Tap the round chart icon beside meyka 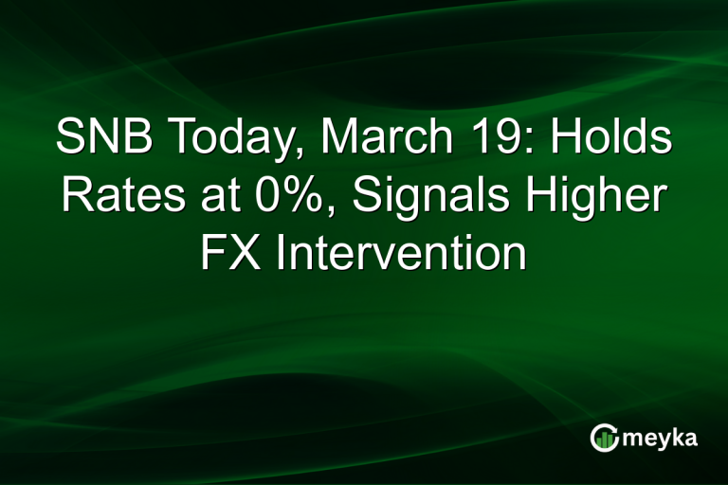tap(606, 437)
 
